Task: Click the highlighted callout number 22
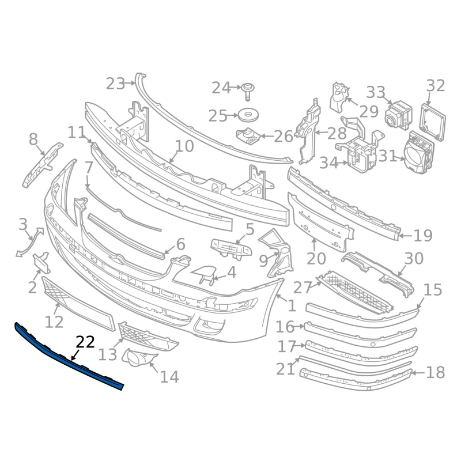point(85,342)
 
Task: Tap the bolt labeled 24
point(248,92)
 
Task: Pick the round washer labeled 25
point(248,115)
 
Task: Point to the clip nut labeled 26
point(248,137)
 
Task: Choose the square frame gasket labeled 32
point(433,122)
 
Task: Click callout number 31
point(387,156)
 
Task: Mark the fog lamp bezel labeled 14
point(138,357)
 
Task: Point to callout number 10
point(184,146)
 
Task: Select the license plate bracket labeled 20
point(320,222)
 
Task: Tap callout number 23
point(115,84)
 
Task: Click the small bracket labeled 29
point(339,97)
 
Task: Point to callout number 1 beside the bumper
point(292,306)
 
